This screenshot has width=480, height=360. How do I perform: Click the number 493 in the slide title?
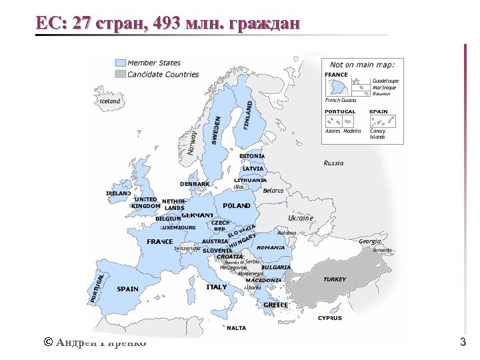166,24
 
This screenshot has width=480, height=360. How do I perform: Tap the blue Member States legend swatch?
120,63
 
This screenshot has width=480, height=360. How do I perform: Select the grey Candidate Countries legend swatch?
120,74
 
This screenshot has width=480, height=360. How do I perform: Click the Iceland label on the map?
110,101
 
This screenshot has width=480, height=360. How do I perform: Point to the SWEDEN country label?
216,129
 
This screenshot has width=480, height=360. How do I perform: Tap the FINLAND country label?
248,115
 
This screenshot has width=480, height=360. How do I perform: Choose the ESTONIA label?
252,156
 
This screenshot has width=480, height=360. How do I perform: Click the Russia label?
333,163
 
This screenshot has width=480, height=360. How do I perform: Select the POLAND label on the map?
237,206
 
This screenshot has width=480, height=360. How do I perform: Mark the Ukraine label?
300,218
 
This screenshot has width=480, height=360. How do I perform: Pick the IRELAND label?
119,193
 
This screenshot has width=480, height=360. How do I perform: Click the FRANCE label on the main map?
160,241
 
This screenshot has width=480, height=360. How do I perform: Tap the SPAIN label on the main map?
127,289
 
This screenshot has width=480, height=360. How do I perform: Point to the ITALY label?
217,287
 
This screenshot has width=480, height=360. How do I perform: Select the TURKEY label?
335,279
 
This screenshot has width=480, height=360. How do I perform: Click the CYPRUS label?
329,318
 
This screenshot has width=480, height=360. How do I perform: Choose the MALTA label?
236,328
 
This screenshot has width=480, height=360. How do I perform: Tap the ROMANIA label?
270,247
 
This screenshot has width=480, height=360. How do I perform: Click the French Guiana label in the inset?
341,100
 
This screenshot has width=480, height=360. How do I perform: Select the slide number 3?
463,343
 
